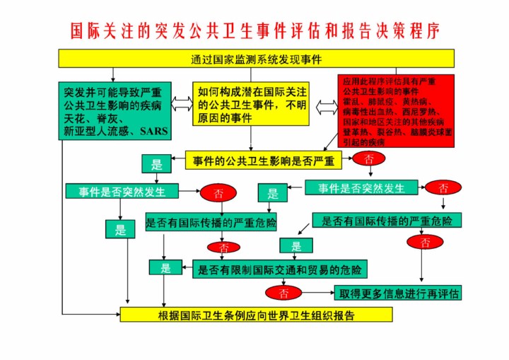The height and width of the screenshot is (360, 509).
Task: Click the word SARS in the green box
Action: click(x=153, y=132)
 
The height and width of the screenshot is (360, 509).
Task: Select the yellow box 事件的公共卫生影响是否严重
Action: click(x=264, y=161)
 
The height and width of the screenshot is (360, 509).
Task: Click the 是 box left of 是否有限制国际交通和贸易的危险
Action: click(x=166, y=268)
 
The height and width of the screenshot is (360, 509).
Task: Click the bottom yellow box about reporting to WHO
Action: click(x=256, y=315)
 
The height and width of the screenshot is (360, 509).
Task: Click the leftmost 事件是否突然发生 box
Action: click(x=122, y=191)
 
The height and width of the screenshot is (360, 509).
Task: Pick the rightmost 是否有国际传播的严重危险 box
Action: click(x=387, y=221)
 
